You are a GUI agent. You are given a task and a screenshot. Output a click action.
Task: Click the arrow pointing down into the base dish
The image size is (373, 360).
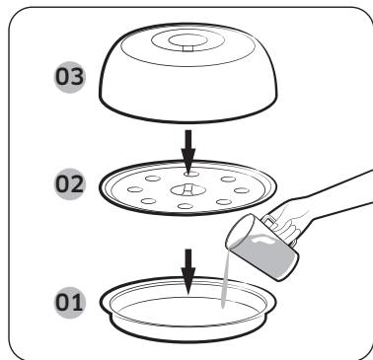pyautogui.click(x=186, y=261)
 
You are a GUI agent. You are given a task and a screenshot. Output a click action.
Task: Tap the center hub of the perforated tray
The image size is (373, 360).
pyautogui.click(x=186, y=189)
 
